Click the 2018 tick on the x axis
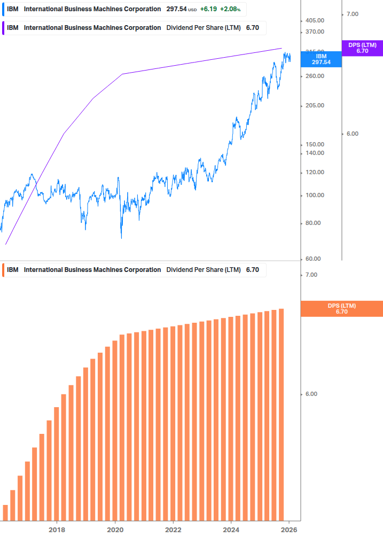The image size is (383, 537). [x=57, y=530]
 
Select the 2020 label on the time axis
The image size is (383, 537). [x=115, y=530]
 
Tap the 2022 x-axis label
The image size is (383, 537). [x=173, y=530]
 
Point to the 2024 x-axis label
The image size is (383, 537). [x=231, y=530]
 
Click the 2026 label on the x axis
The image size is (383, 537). [x=288, y=530]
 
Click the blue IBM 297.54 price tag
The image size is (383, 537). [x=321, y=59]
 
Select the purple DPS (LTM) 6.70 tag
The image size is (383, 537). [x=362, y=48]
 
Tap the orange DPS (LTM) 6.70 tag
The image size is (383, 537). [x=342, y=308]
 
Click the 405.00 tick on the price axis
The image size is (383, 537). [x=315, y=20]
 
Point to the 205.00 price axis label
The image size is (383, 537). [x=315, y=105]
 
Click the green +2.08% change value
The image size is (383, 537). [x=230, y=9]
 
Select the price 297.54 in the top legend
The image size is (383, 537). [x=176, y=9]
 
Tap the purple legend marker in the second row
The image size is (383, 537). [x=3, y=28]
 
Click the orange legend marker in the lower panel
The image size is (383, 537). [x=3, y=270]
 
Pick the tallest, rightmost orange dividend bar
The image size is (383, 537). [x=281, y=414]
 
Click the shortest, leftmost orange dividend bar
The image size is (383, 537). [x=5, y=512]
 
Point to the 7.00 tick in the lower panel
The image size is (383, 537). [x=311, y=275]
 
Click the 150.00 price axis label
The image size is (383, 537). [x=315, y=144]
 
